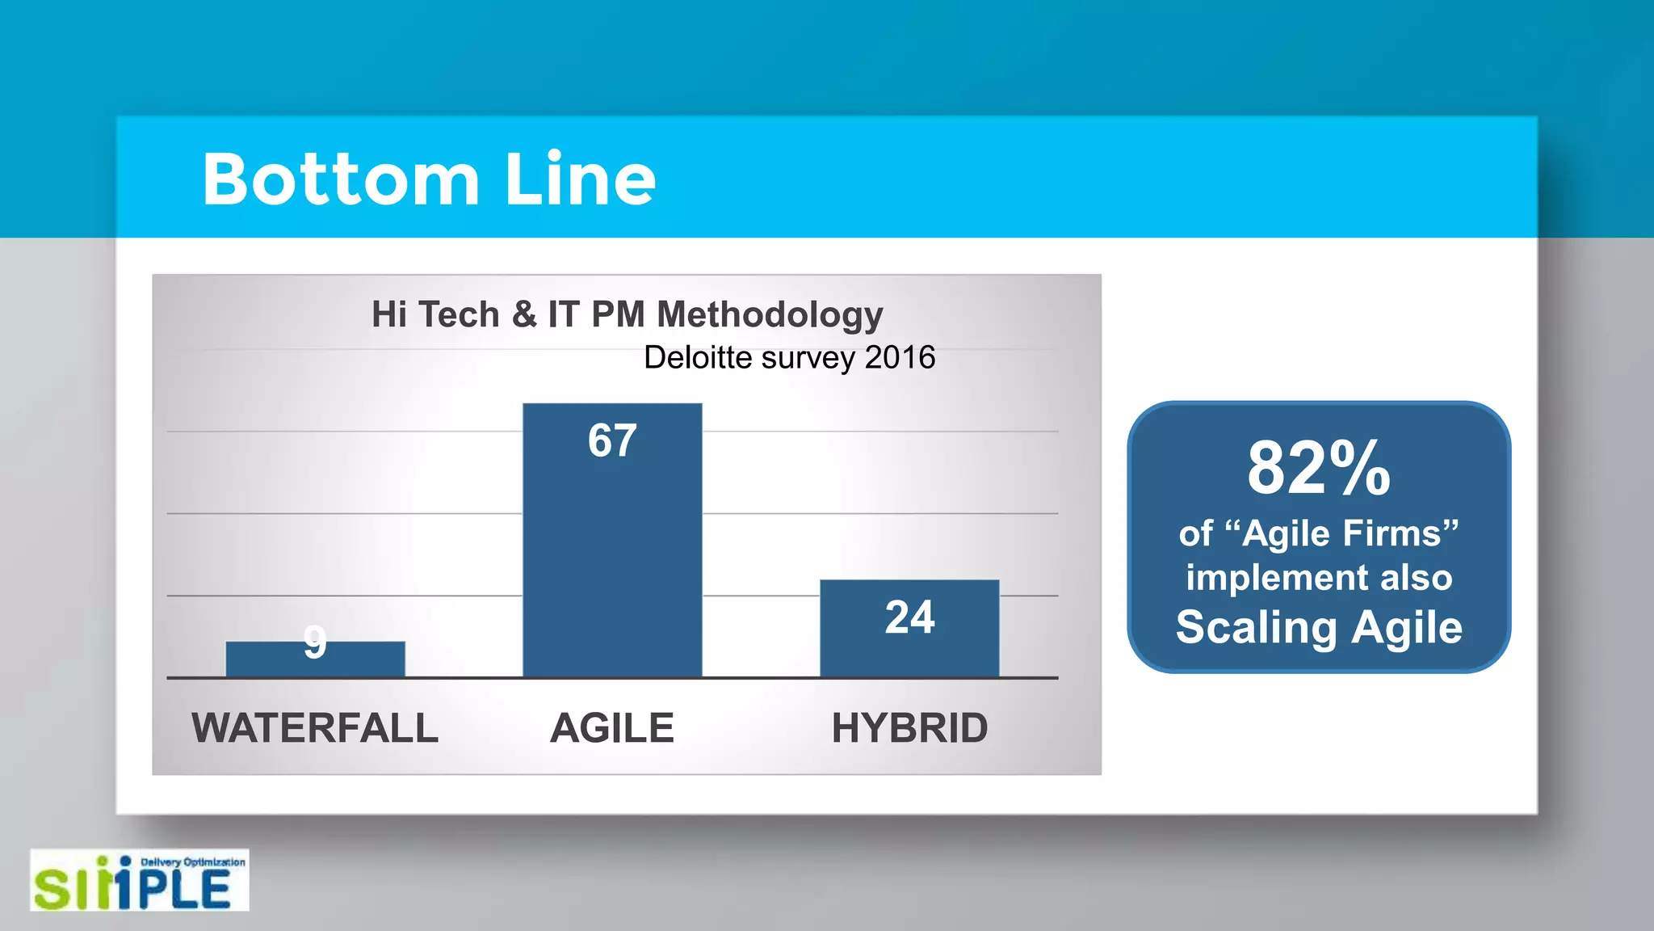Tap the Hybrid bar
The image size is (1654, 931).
point(909,647)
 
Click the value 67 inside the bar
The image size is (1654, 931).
point(612,441)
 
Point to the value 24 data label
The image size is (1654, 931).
point(909,617)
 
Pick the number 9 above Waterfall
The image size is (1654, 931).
point(315,642)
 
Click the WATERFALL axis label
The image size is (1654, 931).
point(315,727)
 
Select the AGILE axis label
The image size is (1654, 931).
point(612,727)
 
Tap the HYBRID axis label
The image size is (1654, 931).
point(909,727)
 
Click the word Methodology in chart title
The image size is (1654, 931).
point(770,315)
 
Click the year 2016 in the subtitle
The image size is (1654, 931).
point(900,357)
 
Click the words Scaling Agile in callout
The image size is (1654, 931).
point(1318,628)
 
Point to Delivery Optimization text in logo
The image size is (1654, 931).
point(193,862)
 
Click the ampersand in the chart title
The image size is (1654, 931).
point(524,314)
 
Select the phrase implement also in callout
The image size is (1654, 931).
point(1318,578)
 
